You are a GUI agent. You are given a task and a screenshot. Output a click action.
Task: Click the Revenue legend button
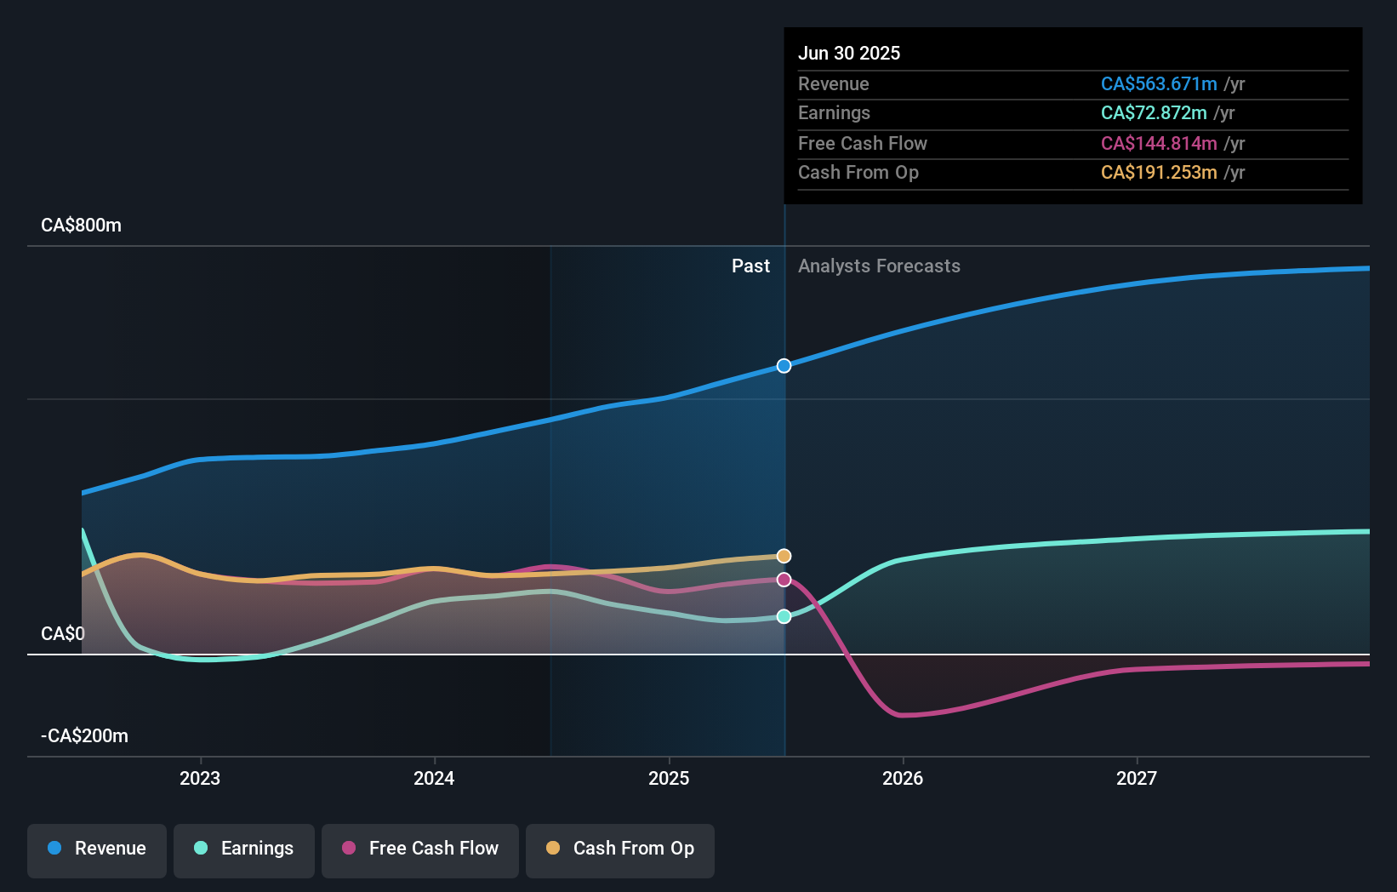97,849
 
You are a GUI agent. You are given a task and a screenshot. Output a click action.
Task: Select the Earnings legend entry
244,849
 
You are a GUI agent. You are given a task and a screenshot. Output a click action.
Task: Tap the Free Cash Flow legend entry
420,849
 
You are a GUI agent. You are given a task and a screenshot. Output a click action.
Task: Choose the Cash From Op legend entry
620,849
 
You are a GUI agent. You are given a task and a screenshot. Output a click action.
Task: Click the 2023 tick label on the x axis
200,778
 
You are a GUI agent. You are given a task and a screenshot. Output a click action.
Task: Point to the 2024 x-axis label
434,778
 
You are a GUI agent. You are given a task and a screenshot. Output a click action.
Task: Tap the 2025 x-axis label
669,778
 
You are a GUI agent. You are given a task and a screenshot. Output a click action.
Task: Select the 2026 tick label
903,778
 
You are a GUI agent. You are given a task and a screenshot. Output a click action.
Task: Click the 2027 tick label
1137,778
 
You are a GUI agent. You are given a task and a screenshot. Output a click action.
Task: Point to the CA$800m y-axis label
82,226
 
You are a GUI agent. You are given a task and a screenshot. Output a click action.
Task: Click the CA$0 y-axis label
63,634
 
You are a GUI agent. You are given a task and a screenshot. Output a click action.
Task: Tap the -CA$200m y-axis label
85,736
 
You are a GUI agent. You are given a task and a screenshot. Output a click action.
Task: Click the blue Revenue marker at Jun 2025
784,366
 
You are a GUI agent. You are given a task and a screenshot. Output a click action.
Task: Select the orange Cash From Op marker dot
784,556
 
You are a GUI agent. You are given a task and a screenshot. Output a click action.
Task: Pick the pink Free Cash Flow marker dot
784,580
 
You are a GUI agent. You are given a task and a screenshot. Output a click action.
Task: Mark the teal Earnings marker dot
784,616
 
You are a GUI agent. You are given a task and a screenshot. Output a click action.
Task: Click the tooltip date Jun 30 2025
849,53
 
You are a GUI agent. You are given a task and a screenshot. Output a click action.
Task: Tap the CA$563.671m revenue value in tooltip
1159,83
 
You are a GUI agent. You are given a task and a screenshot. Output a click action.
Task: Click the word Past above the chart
750,266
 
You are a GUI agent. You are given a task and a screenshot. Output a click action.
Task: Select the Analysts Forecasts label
879,266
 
